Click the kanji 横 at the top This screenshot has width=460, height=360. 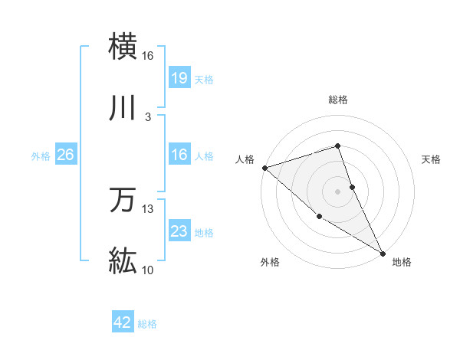click(123, 47)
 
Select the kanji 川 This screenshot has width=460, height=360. click(123, 109)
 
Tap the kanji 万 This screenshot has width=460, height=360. click(123, 201)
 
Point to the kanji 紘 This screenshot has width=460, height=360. click(123, 262)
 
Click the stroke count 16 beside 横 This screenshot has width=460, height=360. click(147, 56)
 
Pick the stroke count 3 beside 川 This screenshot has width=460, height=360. click(147, 117)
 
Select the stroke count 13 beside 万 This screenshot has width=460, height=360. click(147, 209)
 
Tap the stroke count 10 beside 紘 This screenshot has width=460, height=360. click(147, 270)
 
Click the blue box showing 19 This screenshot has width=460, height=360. click(179, 78)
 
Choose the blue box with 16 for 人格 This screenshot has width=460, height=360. click(179, 155)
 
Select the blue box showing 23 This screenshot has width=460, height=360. click(179, 231)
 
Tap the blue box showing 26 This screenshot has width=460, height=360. click(65, 155)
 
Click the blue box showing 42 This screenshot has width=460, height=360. click(123, 322)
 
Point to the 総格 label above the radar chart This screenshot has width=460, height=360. click(338, 100)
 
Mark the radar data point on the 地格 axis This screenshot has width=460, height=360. click(383, 253)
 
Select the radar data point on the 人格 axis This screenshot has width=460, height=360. click(264, 167)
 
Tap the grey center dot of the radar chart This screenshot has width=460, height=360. click(338, 191)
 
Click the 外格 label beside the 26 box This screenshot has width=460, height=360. click(41, 155)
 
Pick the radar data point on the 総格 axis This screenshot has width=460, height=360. click(338, 146)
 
